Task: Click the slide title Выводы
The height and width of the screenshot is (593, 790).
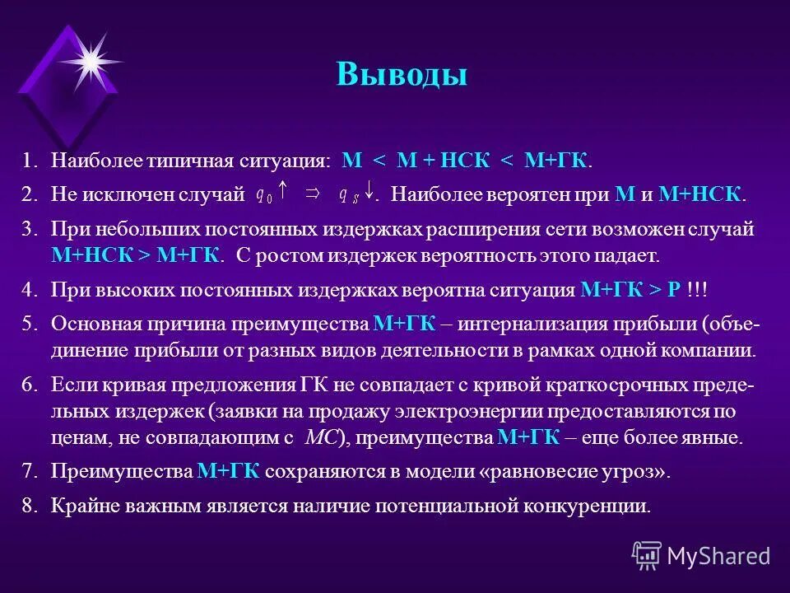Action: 402,75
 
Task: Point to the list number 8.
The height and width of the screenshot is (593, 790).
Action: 30,506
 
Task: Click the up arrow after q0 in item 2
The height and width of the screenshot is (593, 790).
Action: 283,193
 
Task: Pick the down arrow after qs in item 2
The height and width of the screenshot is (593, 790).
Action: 370,193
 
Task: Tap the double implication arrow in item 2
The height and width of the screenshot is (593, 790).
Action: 313,194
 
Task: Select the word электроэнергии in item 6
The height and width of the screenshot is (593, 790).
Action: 494,411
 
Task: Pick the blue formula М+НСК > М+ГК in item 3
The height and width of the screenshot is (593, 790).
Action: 135,254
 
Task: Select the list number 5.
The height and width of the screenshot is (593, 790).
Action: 30,324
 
